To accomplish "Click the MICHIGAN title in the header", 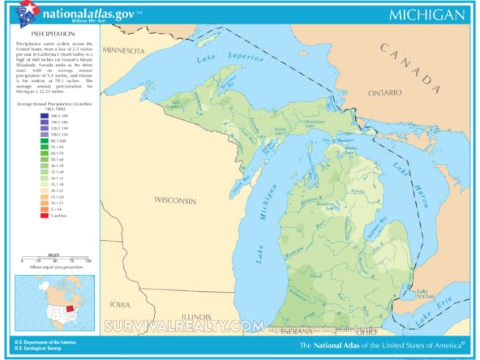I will click(426, 15).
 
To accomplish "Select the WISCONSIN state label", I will click(176, 199).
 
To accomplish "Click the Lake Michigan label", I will click(261, 231).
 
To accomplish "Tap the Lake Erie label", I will click(435, 319).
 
